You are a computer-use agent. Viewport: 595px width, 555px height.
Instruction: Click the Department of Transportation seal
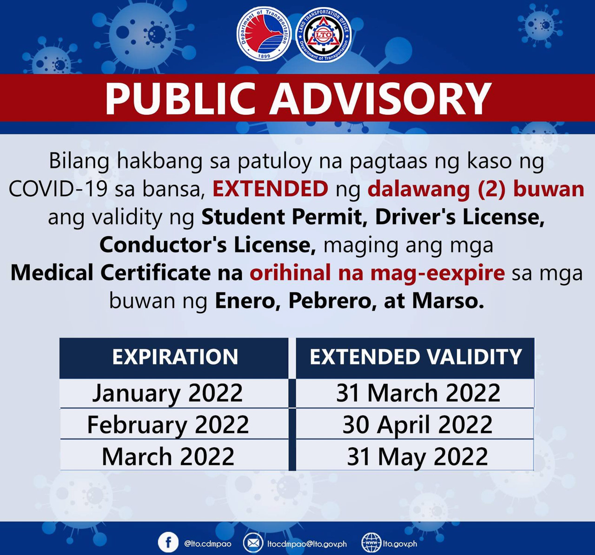(x=264, y=34)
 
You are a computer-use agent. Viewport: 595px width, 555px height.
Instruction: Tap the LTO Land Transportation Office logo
(x=324, y=35)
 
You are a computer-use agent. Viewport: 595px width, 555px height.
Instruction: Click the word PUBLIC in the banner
(x=180, y=98)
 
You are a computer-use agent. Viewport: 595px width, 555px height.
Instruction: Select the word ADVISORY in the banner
(x=380, y=98)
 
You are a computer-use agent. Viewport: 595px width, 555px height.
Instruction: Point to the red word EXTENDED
(x=270, y=189)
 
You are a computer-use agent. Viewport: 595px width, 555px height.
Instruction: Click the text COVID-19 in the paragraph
(x=58, y=189)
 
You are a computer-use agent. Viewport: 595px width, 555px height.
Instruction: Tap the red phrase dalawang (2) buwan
(x=476, y=189)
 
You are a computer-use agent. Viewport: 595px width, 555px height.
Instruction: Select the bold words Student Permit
(x=282, y=217)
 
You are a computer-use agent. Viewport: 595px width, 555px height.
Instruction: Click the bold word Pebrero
(x=330, y=301)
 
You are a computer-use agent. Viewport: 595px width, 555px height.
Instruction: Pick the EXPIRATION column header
(x=175, y=357)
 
